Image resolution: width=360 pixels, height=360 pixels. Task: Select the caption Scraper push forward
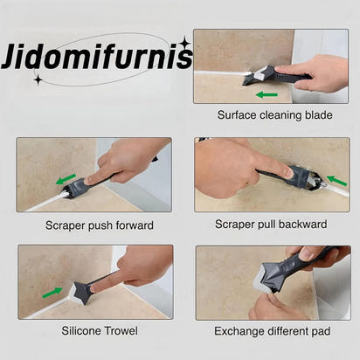point(99,225)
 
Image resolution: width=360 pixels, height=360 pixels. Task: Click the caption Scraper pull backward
point(271,225)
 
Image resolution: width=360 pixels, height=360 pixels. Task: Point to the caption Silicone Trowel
point(98,331)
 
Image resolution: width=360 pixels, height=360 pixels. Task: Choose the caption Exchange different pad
point(272,331)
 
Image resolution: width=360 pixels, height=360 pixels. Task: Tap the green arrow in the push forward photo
point(66,179)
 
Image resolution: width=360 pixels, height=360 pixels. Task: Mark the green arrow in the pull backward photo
point(336,181)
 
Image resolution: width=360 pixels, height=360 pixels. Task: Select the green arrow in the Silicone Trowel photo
point(52,292)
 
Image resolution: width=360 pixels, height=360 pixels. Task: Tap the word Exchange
point(239,331)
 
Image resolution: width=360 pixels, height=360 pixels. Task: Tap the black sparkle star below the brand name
point(38,79)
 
